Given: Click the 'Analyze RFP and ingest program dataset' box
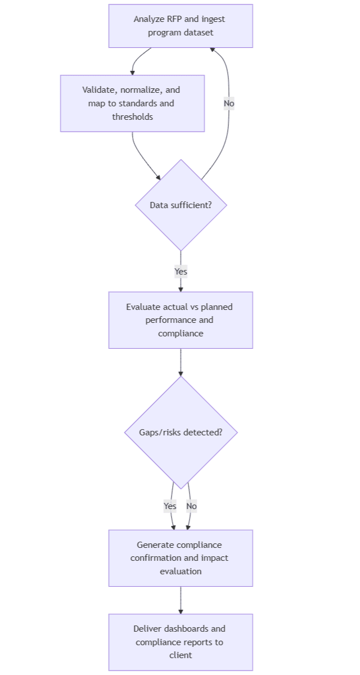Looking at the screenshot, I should [180, 26].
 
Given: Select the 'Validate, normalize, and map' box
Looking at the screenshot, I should [132, 103].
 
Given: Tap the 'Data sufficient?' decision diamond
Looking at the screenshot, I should [181, 205].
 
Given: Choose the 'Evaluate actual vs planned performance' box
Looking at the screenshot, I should [180, 320].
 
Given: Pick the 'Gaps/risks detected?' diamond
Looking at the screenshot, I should [181, 433].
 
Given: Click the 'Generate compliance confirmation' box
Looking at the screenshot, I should [180, 558].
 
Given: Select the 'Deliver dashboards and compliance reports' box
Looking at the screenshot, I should [180, 642].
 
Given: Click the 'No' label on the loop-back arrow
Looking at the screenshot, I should [228, 103].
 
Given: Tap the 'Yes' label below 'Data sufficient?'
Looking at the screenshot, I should [181, 272].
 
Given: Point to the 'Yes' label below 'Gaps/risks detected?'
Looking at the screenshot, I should [170, 506].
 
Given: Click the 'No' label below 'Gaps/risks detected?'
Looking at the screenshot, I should [191, 506].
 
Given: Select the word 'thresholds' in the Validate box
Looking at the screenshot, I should [132, 117].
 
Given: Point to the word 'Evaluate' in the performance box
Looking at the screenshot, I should [143, 307].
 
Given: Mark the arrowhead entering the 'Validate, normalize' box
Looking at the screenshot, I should [133, 72].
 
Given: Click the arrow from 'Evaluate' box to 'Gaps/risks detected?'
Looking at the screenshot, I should [181, 362].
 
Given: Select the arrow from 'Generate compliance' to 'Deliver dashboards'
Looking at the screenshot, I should [181, 600].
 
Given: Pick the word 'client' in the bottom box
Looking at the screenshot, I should [181, 655].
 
